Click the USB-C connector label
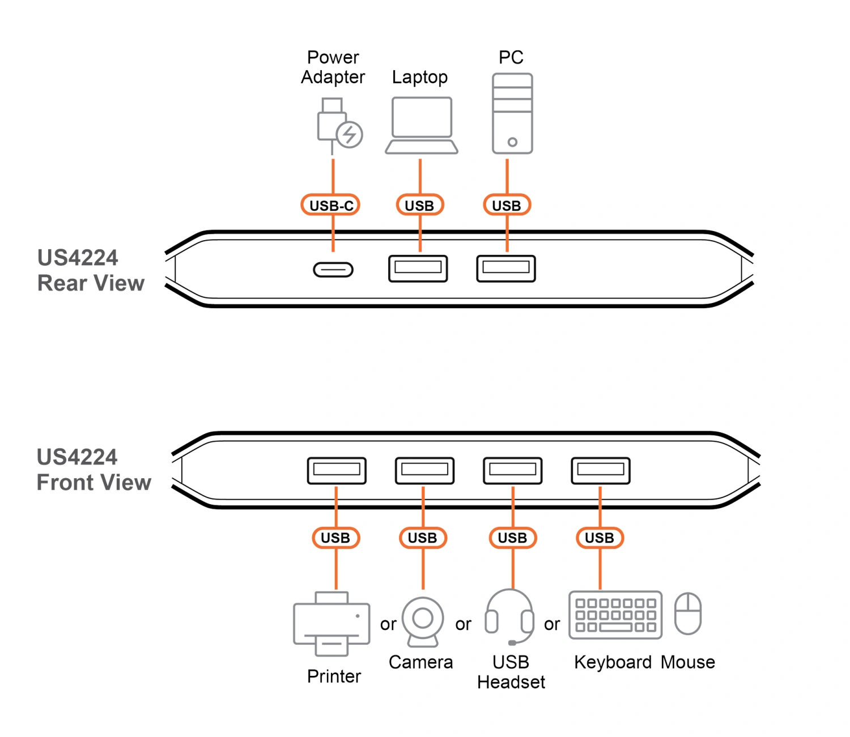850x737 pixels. [330, 205]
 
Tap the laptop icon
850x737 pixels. [421, 125]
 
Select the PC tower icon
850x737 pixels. [512, 113]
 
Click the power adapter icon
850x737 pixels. [338, 126]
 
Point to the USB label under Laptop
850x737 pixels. [419, 205]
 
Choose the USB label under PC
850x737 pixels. [507, 205]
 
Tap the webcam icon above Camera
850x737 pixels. [422, 621]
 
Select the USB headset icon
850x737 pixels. [509, 617]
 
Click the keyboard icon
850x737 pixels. [615, 615]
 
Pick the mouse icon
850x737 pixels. [688, 614]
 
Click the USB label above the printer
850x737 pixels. [335, 538]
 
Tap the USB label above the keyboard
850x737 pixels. [600, 538]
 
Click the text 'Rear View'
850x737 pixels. [91, 283]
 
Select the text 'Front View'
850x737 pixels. [93, 482]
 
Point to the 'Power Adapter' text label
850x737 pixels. [333, 67]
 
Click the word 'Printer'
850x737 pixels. [334, 676]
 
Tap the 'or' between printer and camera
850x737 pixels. [388, 624]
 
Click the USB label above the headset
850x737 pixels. [512, 538]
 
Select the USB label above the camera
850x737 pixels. [423, 538]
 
